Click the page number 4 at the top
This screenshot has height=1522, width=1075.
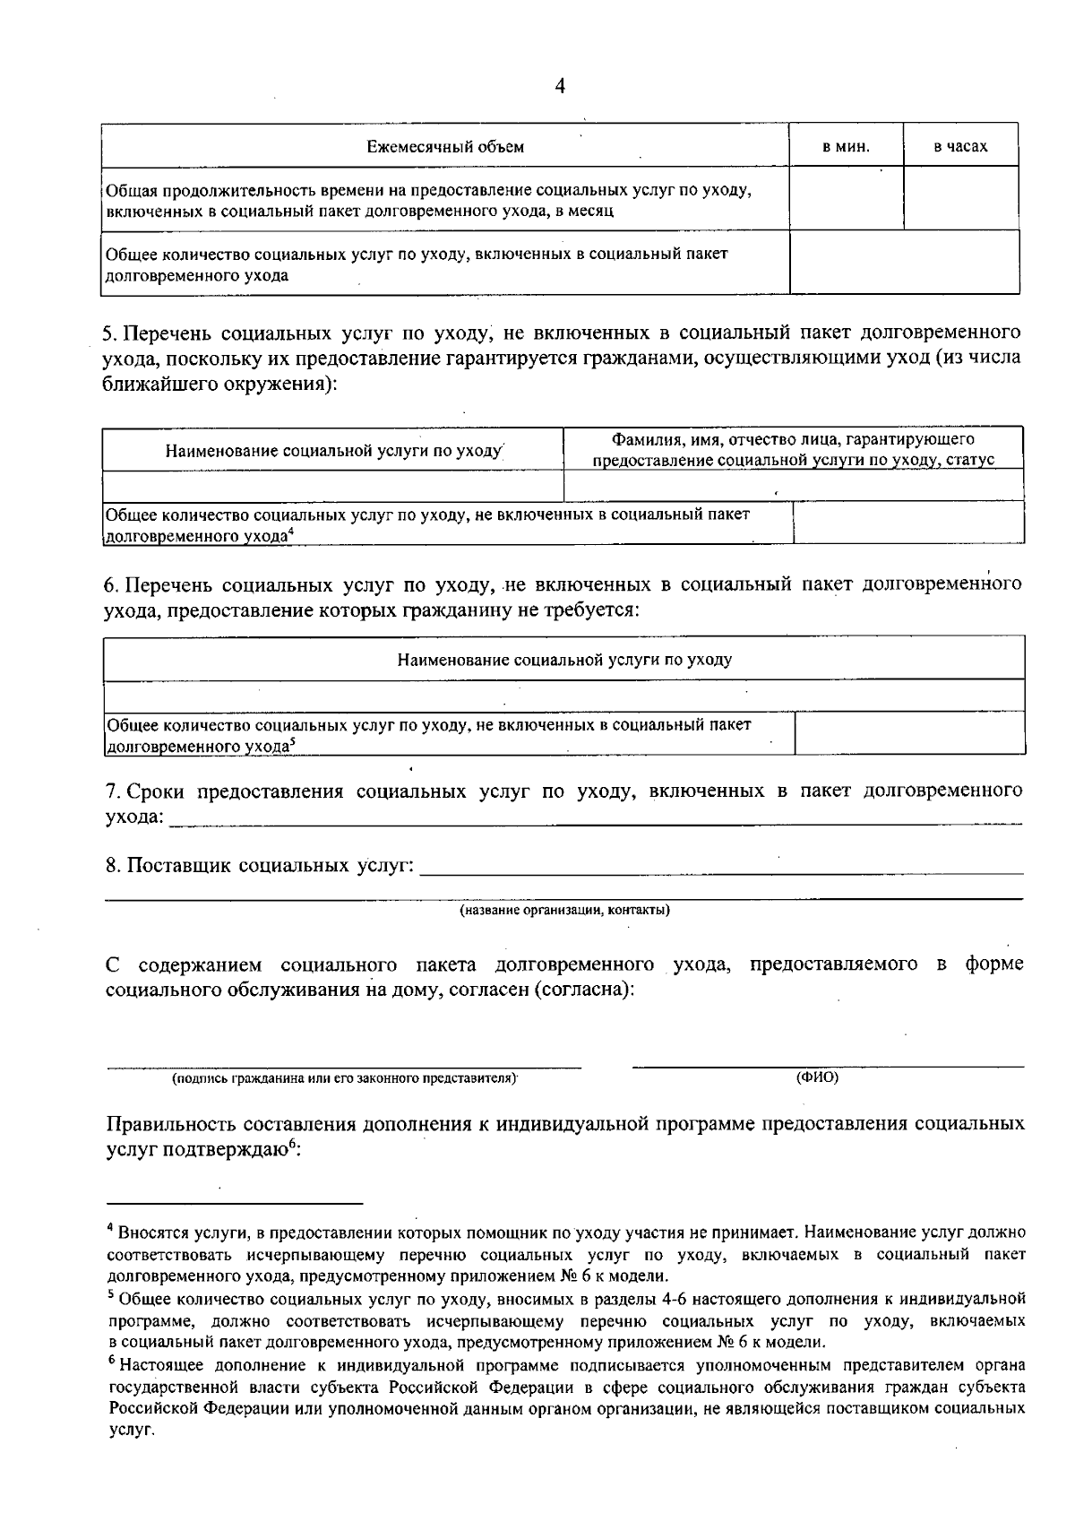tap(560, 86)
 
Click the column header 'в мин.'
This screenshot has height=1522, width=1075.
tap(846, 146)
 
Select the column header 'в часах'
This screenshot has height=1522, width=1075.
tap(960, 146)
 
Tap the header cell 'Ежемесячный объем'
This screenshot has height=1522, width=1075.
tap(445, 146)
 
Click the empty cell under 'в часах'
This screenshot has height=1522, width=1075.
tap(960, 198)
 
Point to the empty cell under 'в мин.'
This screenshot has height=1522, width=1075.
tap(846, 198)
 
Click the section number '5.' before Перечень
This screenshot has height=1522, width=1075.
tap(111, 333)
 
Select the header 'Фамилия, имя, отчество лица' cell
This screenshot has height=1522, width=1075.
tap(793, 449)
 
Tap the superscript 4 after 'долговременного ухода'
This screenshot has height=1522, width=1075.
tap(291, 532)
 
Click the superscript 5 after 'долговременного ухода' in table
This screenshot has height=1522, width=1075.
tap(292, 741)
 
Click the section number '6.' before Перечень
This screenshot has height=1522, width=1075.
tap(111, 585)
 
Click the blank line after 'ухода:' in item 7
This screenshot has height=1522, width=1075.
tap(596, 819)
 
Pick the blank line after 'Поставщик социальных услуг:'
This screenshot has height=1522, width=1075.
tap(721, 868)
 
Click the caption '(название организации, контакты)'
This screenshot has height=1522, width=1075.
tap(564, 911)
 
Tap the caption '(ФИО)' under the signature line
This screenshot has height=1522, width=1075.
tap(817, 1077)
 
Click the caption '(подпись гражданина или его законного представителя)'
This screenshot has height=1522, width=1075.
tap(345, 1079)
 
